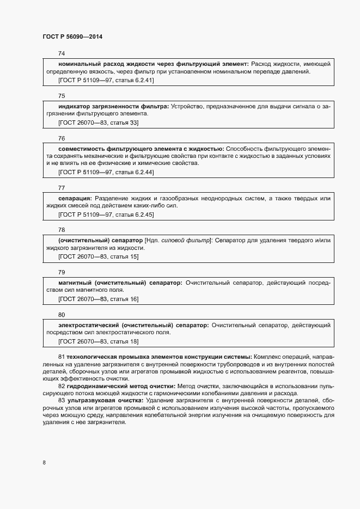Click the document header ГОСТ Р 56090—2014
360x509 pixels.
pyautogui.click(x=72, y=37)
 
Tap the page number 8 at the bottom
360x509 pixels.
pyautogui.click(x=44, y=463)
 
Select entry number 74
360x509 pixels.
pyautogui.click(x=62, y=54)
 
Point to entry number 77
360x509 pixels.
pyautogui.click(x=62, y=188)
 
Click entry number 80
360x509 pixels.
pyautogui.click(x=62, y=315)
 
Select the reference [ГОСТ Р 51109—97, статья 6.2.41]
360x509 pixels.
pyautogui.click(x=106, y=81)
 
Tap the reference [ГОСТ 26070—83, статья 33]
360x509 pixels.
pyautogui.click(x=98, y=123)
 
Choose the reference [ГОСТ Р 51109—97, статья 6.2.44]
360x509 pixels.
pyautogui.click(x=106, y=173)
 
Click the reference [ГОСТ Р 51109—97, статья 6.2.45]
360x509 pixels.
pyautogui.click(x=106, y=215)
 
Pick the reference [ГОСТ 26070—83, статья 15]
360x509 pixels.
pyautogui.click(x=98, y=257)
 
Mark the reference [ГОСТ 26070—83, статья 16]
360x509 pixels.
pyautogui.click(x=98, y=299)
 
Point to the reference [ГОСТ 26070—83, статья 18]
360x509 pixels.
pyautogui.click(x=98, y=341)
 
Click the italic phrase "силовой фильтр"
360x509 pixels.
pyautogui.click(x=186, y=240)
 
